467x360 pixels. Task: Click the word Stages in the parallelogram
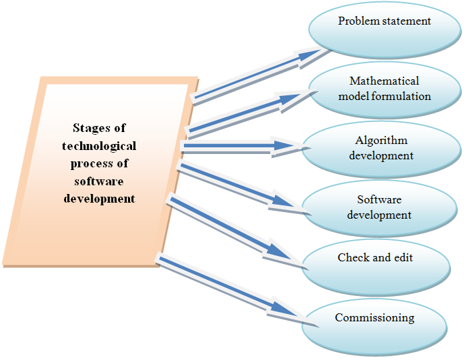click(99, 128)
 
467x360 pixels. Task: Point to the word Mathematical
click(384, 81)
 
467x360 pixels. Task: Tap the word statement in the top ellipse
click(406, 21)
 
